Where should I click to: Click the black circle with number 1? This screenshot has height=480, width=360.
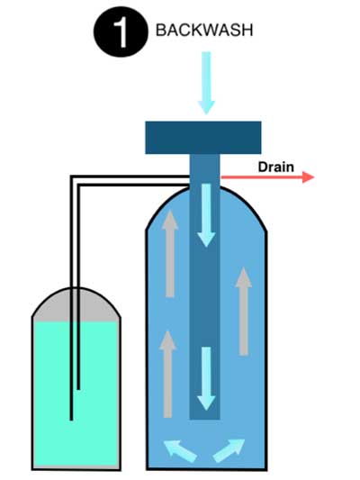click(x=121, y=32)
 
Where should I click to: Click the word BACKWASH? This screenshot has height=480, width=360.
click(x=204, y=31)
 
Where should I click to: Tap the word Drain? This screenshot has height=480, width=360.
click(x=276, y=168)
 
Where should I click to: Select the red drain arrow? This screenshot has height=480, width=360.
click(x=267, y=177)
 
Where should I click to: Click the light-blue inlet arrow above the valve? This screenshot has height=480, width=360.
click(x=206, y=83)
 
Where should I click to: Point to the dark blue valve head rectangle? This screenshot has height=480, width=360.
click(x=203, y=138)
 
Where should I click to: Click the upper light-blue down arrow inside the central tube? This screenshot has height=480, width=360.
click(x=206, y=215)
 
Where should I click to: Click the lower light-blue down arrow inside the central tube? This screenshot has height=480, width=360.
click(x=206, y=378)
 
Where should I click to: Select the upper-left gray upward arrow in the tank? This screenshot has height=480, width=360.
click(x=170, y=254)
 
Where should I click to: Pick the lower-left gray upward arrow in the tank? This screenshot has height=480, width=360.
click(x=168, y=374)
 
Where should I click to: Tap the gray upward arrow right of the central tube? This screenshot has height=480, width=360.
click(x=244, y=312)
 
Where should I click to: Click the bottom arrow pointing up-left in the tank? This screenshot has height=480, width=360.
click(x=180, y=450)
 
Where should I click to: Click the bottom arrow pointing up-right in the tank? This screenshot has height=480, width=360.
click(x=229, y=450)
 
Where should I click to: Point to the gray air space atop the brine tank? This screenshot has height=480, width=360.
click(x=76, y=305)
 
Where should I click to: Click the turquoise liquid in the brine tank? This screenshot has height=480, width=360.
click(x=76, y=394)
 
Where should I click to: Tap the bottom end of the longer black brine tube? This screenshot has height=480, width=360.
click(x=71, y=420)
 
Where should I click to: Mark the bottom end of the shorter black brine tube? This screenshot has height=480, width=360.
click(x=78, y=388)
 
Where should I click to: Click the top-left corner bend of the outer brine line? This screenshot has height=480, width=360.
click(x=72, y=177)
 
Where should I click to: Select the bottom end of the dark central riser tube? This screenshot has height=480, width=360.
click(x=205, y=418)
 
